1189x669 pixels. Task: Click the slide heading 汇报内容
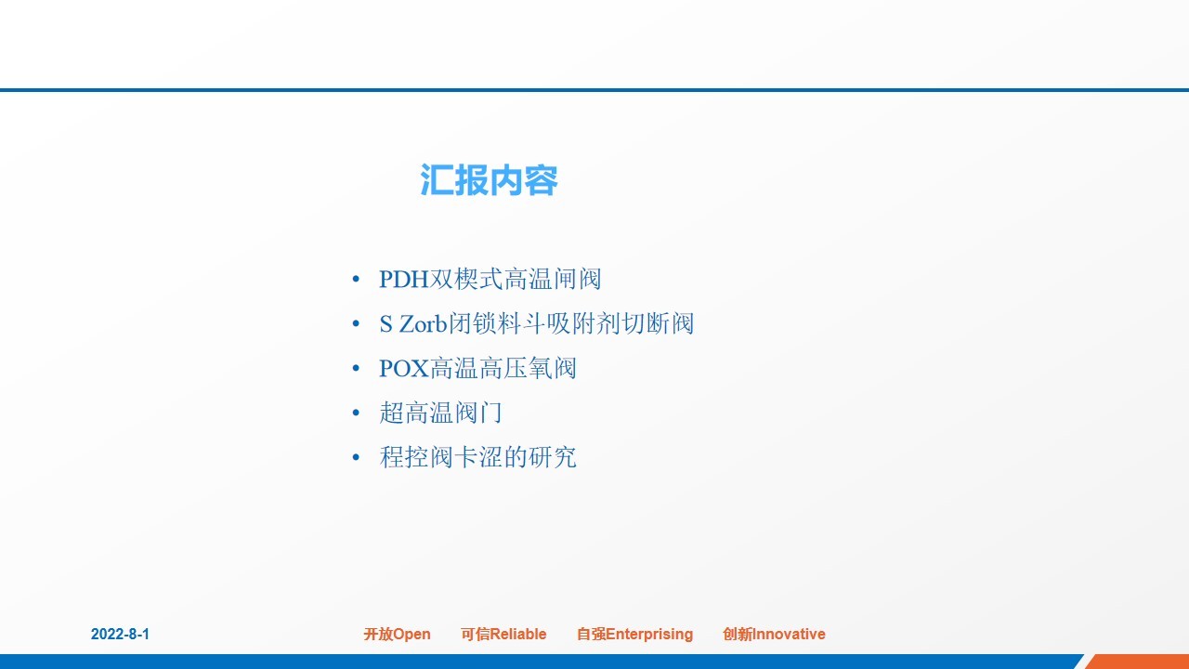click(489, 180)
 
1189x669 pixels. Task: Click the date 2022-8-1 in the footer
click(120, 634)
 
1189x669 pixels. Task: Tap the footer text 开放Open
click(397, 634)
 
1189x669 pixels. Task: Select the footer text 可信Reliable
click(503, 634)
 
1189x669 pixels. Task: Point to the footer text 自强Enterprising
click(634, 634)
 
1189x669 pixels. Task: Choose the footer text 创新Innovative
click(774, 634)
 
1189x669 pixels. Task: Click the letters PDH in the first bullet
click(404, 280)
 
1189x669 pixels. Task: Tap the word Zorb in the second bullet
click(424, 324)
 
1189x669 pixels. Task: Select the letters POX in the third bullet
click(404, 369)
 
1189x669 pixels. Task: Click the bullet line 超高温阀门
click(440, 413)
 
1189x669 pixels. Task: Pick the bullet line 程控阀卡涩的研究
click(477, 457)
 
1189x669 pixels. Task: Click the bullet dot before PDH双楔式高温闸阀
click(356, 280)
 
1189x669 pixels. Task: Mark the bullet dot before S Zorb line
click(356, 324)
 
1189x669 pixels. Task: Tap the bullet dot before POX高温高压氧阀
click(356, 369)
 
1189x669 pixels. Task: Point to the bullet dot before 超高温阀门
click(356, 413)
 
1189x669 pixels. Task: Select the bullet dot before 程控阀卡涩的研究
click(356, 458)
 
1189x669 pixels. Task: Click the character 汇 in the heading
click(437, 180)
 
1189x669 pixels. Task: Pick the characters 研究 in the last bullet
click(552, 457)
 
